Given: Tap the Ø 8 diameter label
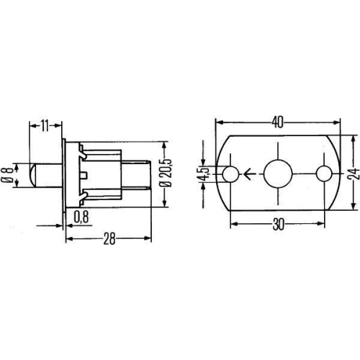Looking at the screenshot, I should tap(8, 174).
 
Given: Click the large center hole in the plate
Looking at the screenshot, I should tap(277, 174).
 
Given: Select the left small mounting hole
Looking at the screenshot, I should tap(230, 174).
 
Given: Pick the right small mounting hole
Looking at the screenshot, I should tap(325, 174).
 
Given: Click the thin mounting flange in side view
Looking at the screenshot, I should tap(66, 174).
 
